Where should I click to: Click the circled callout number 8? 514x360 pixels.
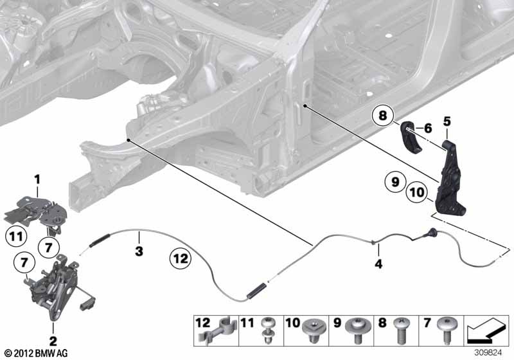point(383,116)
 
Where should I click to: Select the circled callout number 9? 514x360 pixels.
point(395,181)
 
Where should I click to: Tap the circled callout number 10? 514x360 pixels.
point(416,192)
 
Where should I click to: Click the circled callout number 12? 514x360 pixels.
point(181,258)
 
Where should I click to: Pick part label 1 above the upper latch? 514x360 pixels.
point(37,179)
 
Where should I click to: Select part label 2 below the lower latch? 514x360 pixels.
point(53,341)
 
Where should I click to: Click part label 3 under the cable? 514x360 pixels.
point(139,251)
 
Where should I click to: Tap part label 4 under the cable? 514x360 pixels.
point(378,264)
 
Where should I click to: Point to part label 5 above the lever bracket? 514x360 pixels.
point(447,122)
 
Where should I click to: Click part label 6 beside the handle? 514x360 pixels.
point(428,128)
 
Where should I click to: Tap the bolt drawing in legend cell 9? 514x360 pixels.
point(359,330)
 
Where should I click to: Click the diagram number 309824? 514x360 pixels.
point(488,353)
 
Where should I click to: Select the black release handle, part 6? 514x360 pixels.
point(410,138)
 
